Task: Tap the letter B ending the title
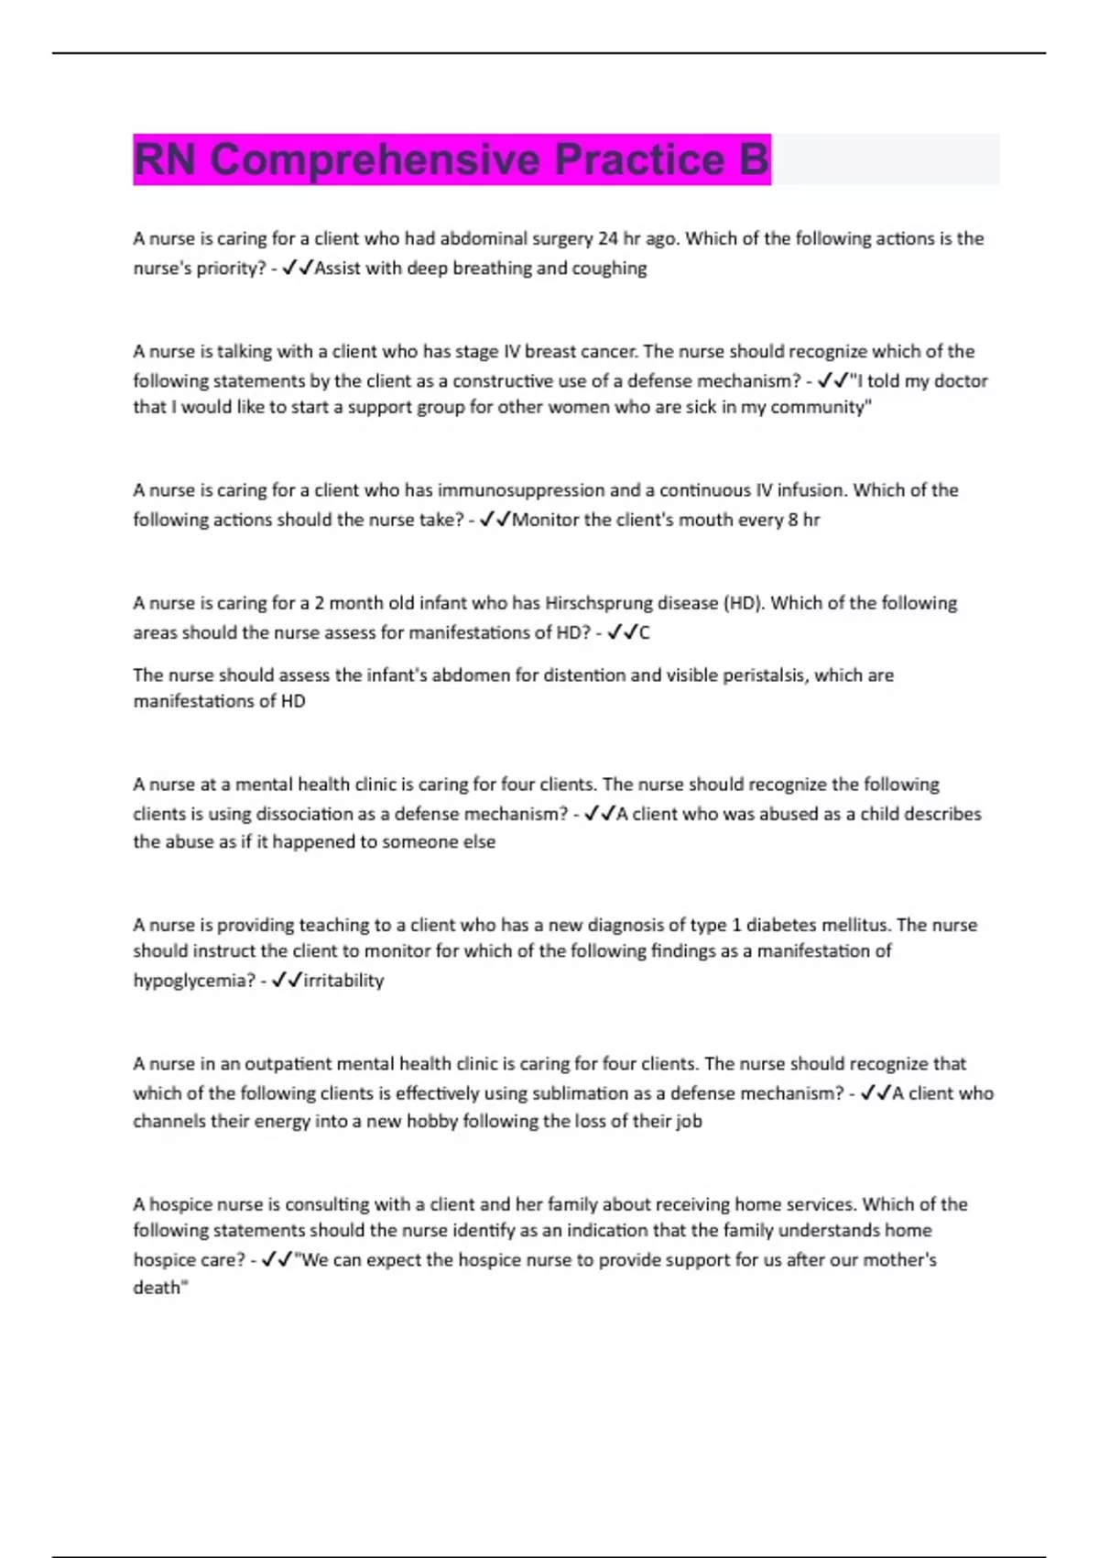[x=753, y=159]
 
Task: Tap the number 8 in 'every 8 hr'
[x=793, y=521]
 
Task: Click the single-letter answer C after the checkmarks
[x=645, y=633]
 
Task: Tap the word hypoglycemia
[x=192, y=981]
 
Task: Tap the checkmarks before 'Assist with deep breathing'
[x=298, y=268]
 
